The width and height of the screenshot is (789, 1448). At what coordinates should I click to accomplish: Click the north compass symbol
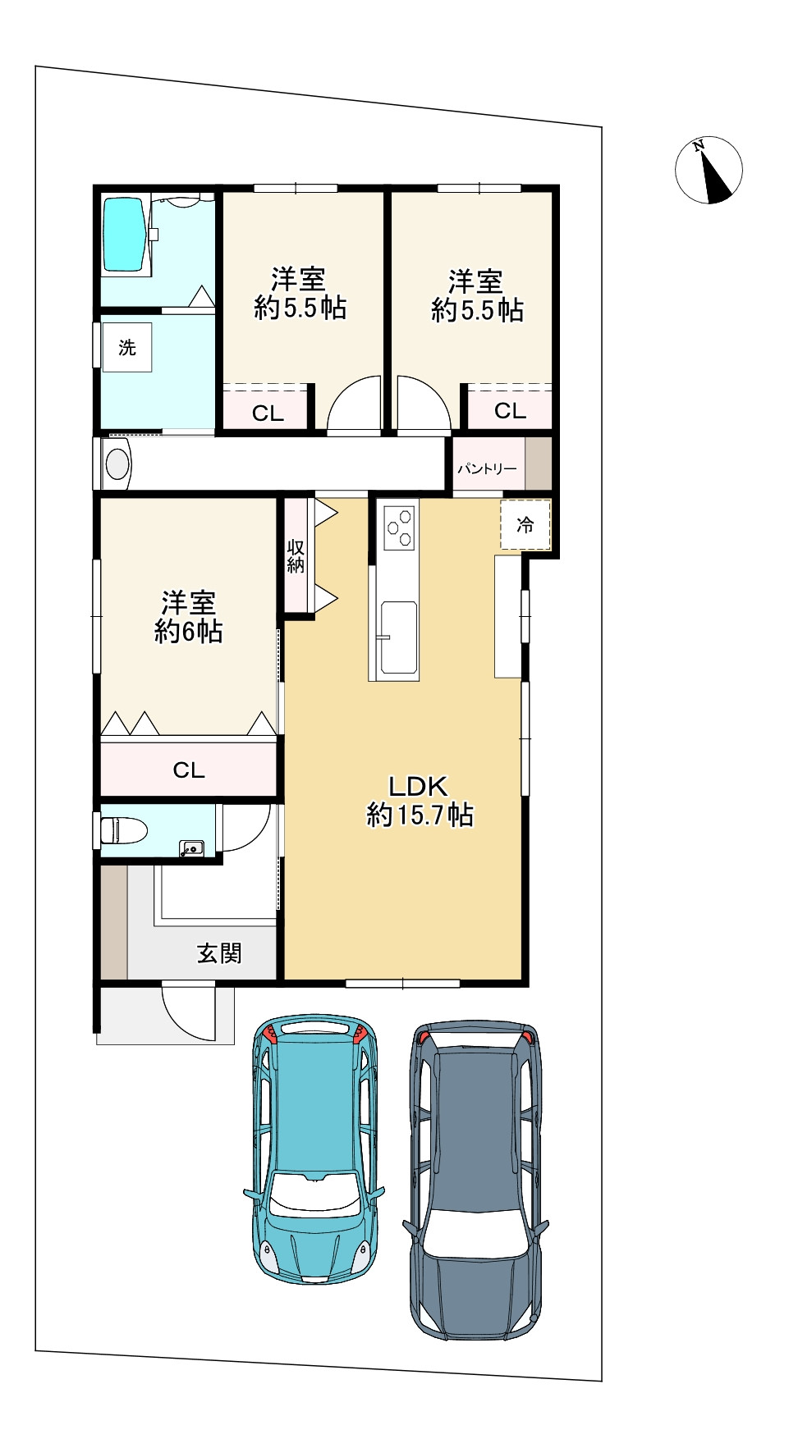[709, 171]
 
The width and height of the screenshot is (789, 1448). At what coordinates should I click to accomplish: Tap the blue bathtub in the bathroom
[125, 235]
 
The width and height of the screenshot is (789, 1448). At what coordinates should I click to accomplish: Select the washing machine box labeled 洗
[127, 347]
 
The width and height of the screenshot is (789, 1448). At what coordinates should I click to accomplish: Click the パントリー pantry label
[487, 468]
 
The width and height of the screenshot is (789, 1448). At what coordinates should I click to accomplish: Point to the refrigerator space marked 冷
[525, 524]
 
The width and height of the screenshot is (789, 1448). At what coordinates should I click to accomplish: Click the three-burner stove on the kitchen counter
[400, 527]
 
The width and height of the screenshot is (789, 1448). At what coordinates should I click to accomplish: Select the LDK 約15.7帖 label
[419, 801]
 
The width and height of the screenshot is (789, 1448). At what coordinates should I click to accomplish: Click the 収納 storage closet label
[296, 555]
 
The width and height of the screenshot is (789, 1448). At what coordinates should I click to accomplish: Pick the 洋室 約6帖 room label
[189, 617]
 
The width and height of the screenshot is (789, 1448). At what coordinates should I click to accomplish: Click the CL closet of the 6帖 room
[188, 770]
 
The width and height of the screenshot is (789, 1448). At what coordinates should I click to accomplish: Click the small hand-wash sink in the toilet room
[191, 848]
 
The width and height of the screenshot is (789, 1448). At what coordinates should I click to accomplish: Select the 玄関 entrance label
[219, 953]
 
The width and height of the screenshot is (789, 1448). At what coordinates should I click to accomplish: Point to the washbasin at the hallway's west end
[117, 464]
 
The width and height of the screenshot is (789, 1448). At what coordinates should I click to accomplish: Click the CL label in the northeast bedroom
[510, 410]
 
